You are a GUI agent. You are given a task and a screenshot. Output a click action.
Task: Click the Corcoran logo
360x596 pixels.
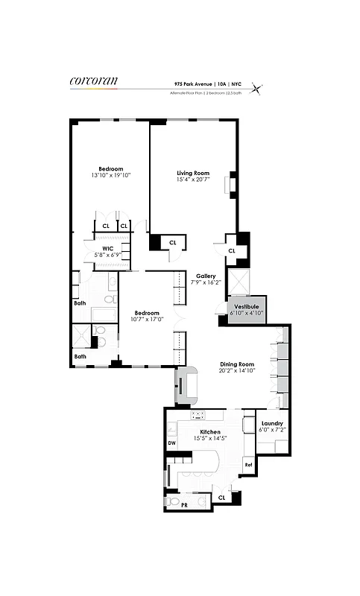click(93, 81)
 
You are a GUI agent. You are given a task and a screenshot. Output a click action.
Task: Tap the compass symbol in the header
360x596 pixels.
click(257, 88)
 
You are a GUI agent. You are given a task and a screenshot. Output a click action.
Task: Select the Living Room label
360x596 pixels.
click(192, 172)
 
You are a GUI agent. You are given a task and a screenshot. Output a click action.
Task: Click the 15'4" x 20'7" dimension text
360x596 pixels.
click(192, 180)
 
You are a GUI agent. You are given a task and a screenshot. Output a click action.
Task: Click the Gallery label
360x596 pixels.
click(206, 276)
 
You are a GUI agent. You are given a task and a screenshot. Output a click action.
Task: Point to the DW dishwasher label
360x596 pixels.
click(171, 443)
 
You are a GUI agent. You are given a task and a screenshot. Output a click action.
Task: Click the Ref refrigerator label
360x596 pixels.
click(248, 463)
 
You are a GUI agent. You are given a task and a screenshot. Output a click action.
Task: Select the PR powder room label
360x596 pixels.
click(185, 505)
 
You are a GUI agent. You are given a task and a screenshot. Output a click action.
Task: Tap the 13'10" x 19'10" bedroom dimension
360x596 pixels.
click(110, 176)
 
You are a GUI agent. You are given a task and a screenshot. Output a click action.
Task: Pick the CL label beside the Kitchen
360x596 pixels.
click(221, 498)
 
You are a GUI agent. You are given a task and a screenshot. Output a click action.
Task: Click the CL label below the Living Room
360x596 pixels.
click(172, 242)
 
